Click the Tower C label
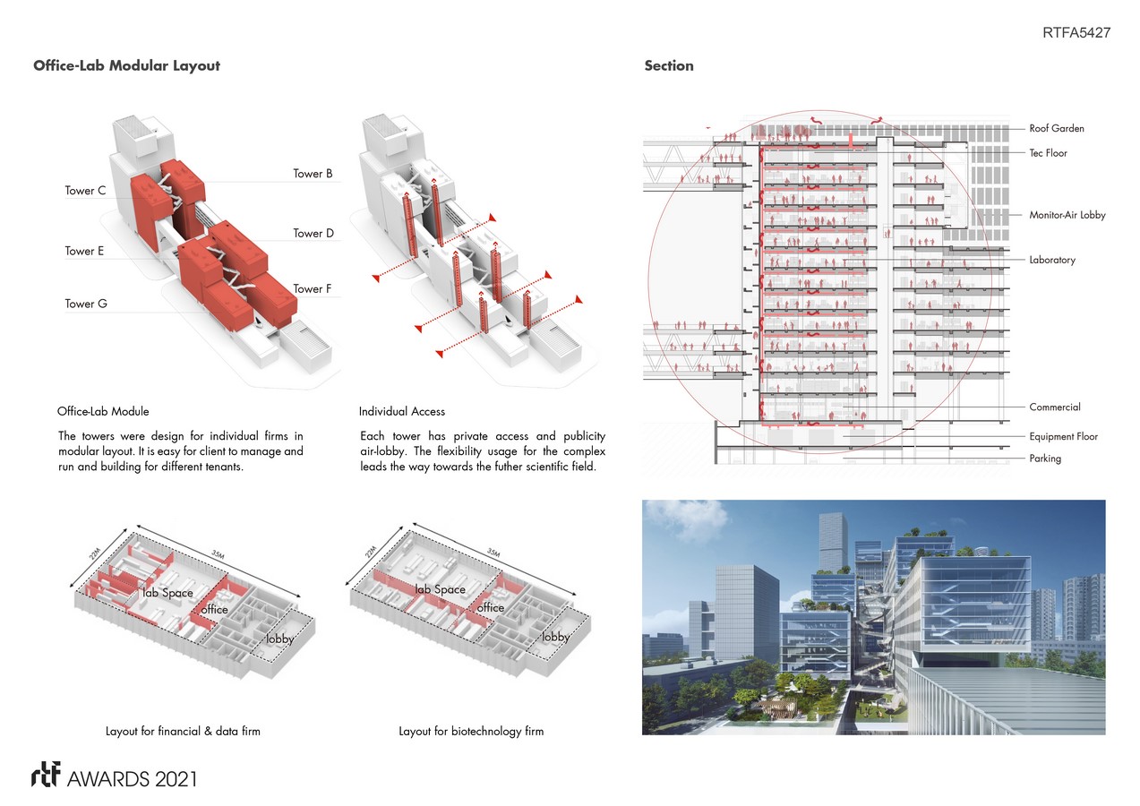click(86, 191)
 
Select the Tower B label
click(313, 174)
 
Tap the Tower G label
click(86, 304)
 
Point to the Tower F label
click(313, 289)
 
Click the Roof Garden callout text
click(1056, 129)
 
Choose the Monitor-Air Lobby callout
click(1067, 216)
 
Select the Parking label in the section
click(1045, 459)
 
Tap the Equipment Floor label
click(1063, 437)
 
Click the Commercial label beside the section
click(1054, 407)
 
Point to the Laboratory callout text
click(1052, 261)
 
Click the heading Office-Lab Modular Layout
click(126, 66)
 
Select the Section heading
click(668, 66)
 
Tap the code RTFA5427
click(1076, 33)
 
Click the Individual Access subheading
click(402, 412)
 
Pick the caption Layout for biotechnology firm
click(471, 732)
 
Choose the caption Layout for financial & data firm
click(183, 732)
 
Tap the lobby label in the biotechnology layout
click(555, 638)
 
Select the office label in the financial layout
click(215, 610)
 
